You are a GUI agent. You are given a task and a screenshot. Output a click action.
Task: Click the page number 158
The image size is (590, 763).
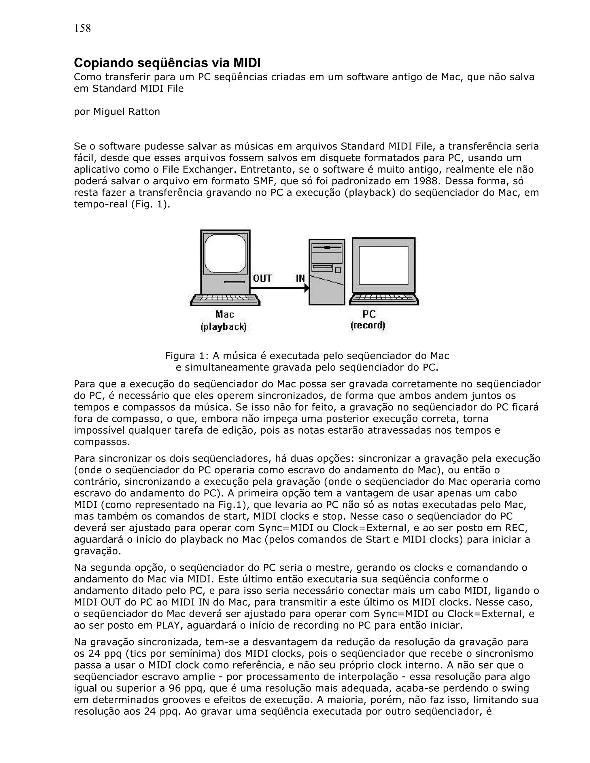pos(82,28)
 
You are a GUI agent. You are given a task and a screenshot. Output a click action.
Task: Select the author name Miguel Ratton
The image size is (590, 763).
pos(126,111)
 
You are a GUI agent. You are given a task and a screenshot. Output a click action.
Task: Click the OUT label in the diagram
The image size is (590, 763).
pos(262,278)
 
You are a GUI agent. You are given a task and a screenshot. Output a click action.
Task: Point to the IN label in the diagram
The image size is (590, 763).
pos(300,278)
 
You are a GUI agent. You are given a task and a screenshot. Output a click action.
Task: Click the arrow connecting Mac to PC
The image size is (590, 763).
pos(280,288)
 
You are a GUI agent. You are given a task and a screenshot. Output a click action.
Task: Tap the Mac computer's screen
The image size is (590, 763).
pos(226,253)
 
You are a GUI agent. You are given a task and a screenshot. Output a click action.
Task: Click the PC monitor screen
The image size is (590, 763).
pos(383,265)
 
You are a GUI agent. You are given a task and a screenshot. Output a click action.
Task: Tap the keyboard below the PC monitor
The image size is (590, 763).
pos(384,299)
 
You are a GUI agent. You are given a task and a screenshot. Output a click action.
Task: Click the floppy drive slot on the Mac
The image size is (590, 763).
pos(234,282)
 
